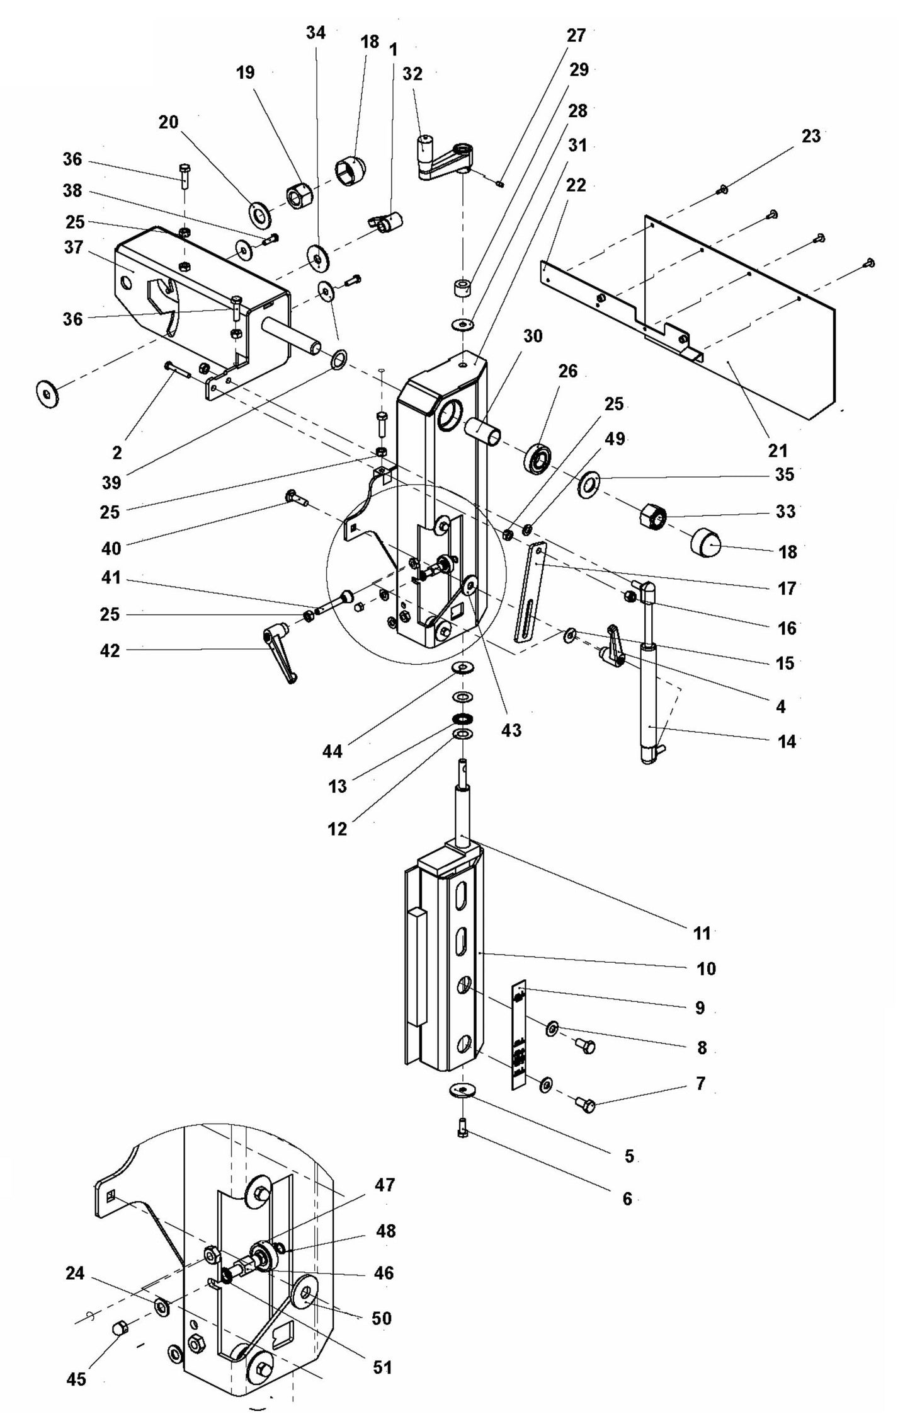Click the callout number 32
click(412, 74)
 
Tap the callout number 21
click(777, 451)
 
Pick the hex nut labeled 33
click(653, 518)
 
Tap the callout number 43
click(511, 730)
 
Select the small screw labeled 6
click(463, 1134)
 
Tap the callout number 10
click(706, 969)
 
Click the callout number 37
click(73, 248)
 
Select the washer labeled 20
click(259, 215)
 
